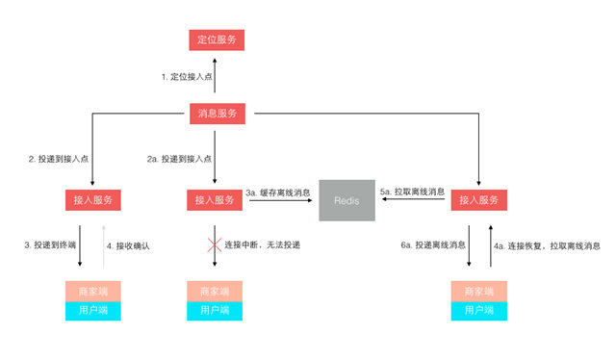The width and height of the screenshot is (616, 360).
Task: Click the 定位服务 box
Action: [216, 39]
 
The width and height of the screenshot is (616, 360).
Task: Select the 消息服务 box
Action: [216, 114]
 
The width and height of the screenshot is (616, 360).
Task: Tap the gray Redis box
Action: [346, 200]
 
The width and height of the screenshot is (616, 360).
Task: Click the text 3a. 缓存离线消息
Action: [279, 193]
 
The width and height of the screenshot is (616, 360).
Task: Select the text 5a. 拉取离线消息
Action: [413, 193]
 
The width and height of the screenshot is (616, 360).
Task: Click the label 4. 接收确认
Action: [128, 245]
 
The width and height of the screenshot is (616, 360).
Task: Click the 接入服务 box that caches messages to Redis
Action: [216, 200]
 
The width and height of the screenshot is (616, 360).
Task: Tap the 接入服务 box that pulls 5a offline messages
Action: [478, 200]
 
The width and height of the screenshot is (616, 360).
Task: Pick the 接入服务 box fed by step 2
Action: [93, 200]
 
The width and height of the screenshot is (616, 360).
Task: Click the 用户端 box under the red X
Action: [216, 310]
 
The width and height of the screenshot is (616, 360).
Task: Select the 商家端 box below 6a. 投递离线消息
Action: [478, 291]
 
